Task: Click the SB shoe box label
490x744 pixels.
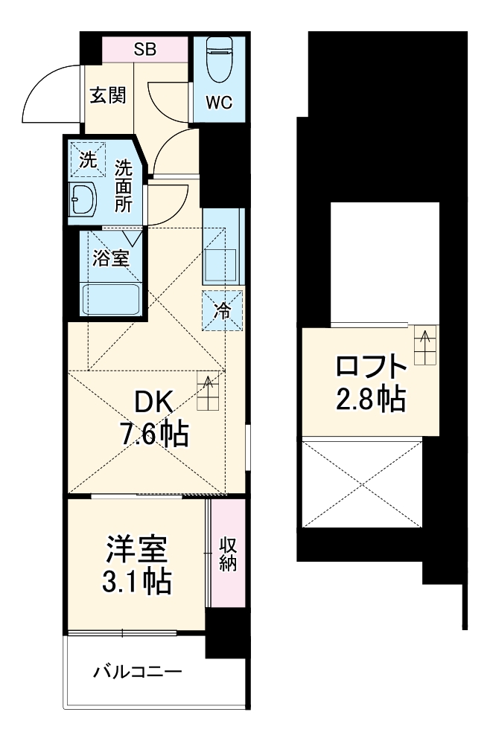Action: coord(144,50)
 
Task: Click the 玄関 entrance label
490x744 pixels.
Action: coord(107,96)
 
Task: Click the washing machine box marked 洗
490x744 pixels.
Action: coord(88,158)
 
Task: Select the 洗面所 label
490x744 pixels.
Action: coord(123,185)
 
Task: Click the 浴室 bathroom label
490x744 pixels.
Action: coord(112,258)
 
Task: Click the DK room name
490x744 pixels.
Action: coord(155,403)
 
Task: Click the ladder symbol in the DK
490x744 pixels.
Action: coord(209,391)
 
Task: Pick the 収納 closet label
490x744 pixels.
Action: coord(228,553)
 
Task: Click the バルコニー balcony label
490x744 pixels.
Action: coord(137,673)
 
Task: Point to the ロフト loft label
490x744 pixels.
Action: coord(370,368)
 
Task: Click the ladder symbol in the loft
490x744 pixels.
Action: coord(426,345)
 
